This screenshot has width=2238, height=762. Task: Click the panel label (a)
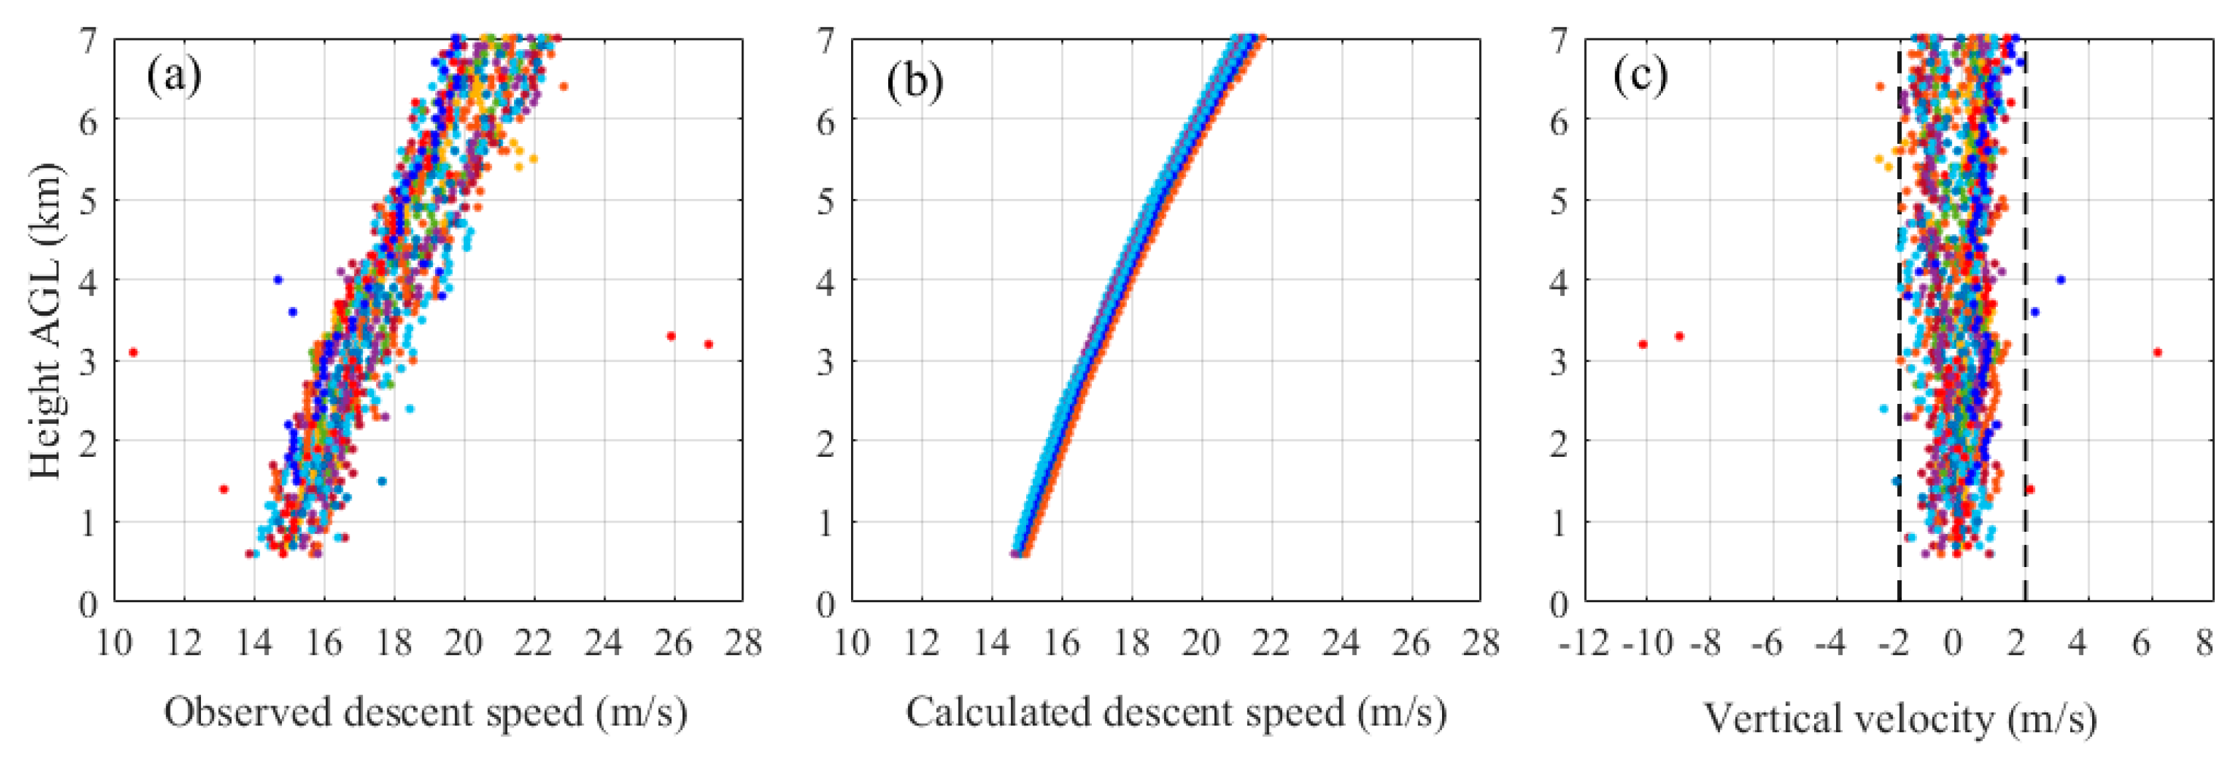click(174, 76)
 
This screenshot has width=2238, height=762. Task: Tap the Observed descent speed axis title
click(426, 714)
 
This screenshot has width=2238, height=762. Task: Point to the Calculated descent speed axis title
click(1176, 714)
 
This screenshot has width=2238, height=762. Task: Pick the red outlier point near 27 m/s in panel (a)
click(709, 344)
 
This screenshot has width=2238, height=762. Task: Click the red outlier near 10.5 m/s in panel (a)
click(133, 352)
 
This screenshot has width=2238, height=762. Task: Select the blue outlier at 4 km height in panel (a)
click(278, 280)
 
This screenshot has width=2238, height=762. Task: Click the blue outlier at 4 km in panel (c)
click(2061, 280)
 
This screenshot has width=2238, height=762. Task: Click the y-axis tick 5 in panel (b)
click(826, 202)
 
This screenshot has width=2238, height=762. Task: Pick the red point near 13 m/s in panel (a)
click(224, 489)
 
